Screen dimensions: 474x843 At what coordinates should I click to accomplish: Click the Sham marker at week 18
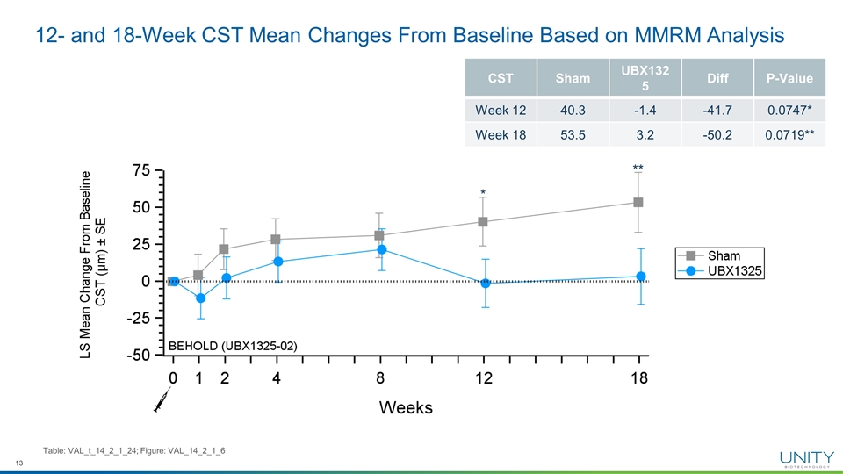638,202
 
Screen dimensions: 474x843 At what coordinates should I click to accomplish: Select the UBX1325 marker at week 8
379,249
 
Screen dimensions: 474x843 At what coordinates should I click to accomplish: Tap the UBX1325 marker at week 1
199,298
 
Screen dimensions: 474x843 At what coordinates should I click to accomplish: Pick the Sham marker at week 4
276,239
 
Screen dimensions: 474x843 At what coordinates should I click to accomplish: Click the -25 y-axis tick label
134,318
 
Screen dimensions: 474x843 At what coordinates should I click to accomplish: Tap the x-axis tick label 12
483,379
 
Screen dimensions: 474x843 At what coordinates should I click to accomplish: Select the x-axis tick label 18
638,379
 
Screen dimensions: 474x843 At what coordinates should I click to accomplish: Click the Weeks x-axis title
405,408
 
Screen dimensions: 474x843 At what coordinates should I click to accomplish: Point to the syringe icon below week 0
162,402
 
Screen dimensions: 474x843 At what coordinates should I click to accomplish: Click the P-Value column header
789,80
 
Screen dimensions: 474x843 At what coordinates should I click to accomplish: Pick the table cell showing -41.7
716,110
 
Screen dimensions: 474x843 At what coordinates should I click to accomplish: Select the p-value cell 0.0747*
789,110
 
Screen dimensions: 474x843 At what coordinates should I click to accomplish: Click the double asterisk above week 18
638,167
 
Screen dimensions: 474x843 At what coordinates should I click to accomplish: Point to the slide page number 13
18,463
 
